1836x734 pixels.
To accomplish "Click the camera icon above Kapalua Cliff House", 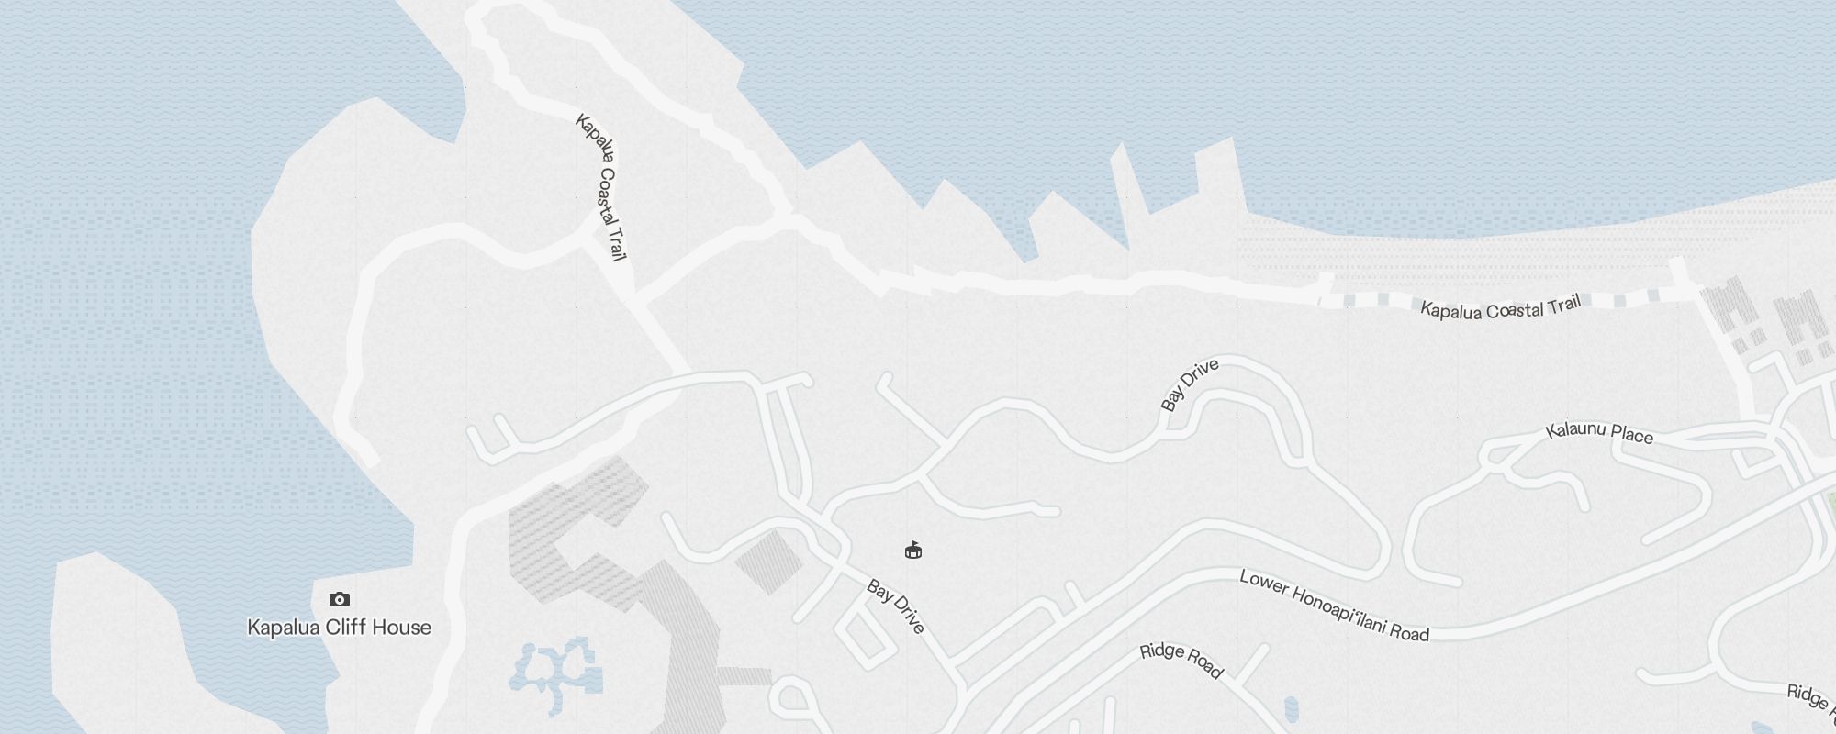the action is (x=340, y=599).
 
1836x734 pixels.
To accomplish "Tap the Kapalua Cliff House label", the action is (x=339, y=628).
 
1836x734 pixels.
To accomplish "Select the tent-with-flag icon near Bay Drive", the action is (x=912, y=550).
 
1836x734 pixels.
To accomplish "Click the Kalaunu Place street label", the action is (x=1599, y=433).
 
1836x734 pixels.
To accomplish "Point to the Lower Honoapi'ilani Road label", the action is (x=1334, y=606).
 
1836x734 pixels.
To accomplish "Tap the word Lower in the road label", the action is (x=1264, y=585).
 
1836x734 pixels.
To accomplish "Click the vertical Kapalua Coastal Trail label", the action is (x=602, y=186).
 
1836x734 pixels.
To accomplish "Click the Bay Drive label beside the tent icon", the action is (x=895, y=606).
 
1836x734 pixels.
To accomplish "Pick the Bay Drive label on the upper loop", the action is (x=1189, y=384).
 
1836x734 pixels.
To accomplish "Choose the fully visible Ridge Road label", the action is (x=1181, y=661).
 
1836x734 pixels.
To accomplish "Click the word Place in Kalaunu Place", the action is (x=1631, y=436).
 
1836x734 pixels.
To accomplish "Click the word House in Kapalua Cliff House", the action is (x=402, y=628).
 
